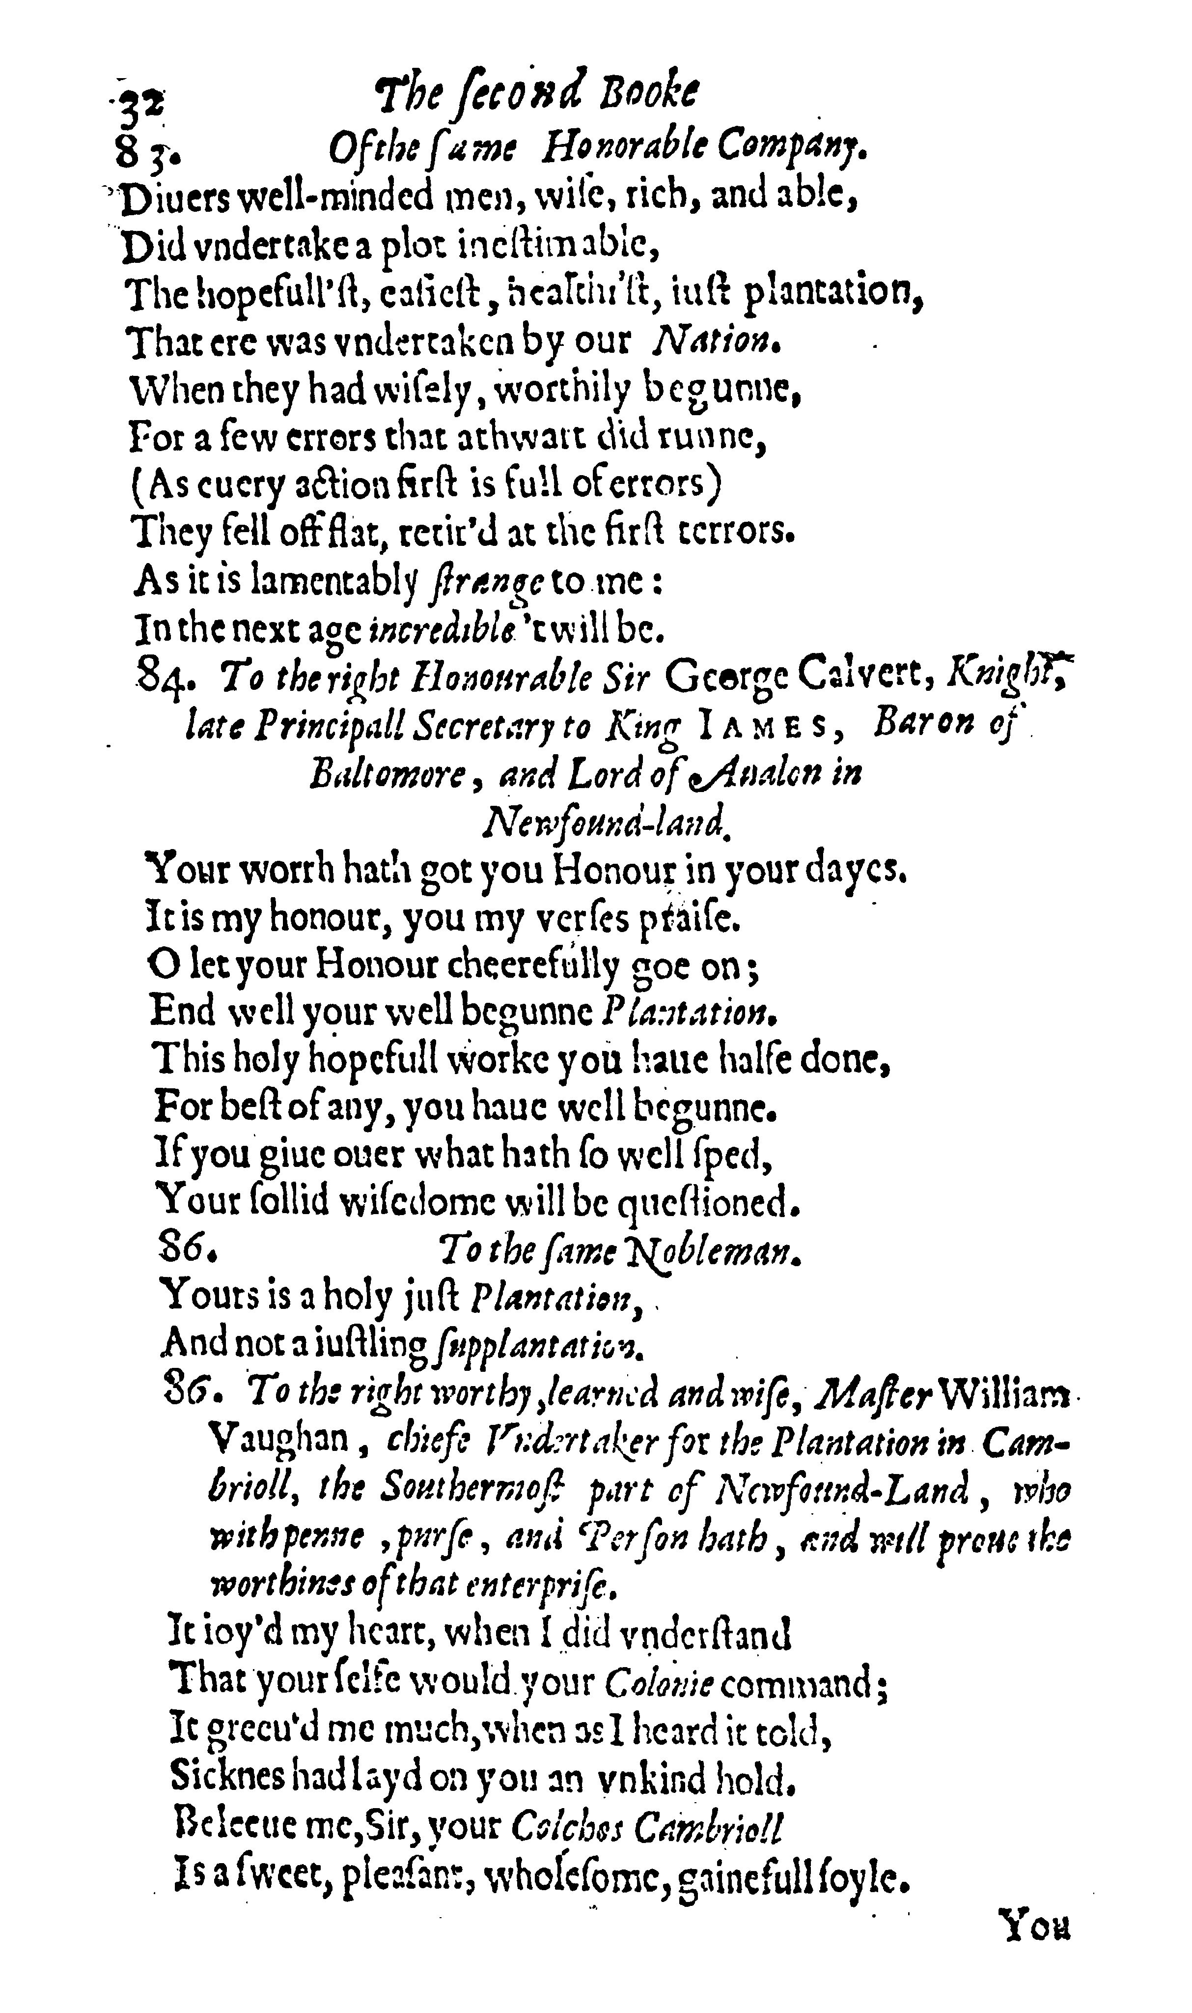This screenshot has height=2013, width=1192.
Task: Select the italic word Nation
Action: point(717,343)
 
